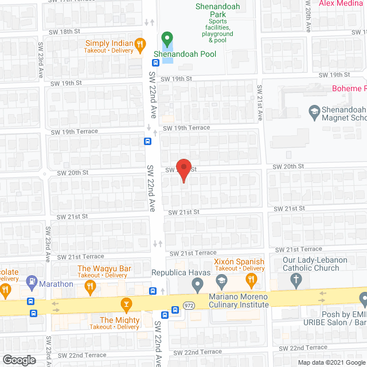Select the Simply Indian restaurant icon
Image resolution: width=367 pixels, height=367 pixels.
(139, 44)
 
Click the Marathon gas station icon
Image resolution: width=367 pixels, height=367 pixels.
(32, 281)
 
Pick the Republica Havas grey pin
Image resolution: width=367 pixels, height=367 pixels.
(197, 283)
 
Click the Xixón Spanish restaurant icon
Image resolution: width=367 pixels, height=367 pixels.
(251, 280)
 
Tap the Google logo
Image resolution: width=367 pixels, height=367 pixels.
(19, 360)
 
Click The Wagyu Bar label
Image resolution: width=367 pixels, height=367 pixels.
(104, 268)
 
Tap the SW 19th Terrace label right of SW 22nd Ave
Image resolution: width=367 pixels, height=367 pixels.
(186, 128)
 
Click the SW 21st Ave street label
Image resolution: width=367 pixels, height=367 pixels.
(260, 103)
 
